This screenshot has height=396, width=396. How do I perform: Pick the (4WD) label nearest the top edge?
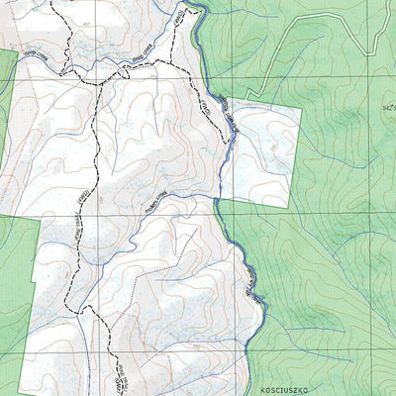click(x=179, y=19)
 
